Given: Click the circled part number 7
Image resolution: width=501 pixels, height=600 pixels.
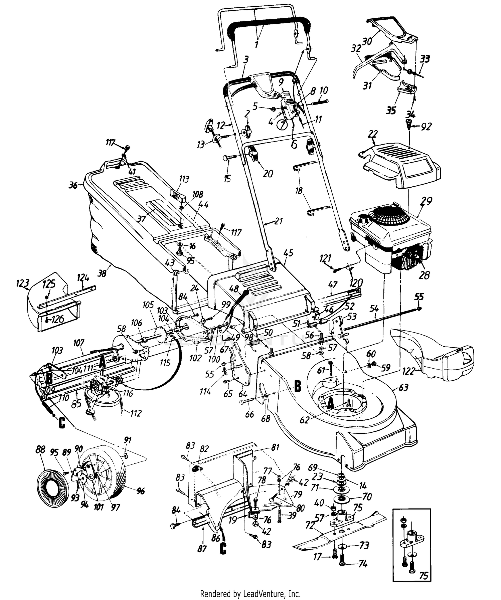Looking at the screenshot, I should point(283,125).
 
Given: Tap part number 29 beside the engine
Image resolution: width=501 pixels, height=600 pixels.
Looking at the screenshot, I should point(426,201).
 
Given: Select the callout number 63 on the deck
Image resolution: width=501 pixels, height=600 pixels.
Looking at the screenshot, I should point(403,388).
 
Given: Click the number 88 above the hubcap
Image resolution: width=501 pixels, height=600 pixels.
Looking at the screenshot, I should point(40,450).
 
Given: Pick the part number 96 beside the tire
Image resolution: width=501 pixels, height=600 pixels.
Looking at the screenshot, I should point(141,491).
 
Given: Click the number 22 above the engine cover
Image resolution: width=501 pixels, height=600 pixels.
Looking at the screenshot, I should point(372,135).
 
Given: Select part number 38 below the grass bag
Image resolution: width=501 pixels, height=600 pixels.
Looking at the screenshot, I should point(102,273).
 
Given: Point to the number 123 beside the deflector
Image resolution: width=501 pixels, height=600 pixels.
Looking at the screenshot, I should point(23,283).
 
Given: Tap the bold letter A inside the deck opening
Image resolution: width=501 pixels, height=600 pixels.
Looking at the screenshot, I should point(330,404).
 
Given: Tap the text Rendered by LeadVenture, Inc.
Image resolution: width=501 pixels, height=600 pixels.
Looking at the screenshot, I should point(250,594).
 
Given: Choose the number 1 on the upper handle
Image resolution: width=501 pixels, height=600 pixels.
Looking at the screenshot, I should point(257,44).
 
